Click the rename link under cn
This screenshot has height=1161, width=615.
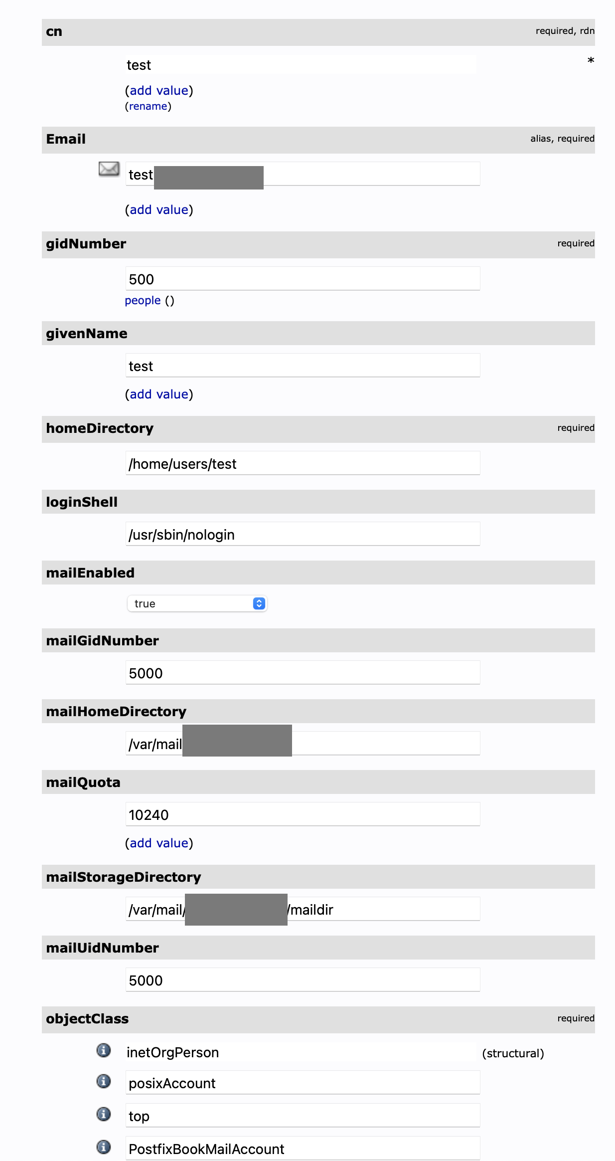148,106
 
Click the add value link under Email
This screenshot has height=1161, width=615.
159,210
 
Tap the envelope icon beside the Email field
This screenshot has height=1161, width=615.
109,169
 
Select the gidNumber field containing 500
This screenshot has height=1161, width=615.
303,279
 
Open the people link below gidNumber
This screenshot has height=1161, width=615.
143,301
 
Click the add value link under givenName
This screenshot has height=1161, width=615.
159,394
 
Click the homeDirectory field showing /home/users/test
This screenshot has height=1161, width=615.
303,463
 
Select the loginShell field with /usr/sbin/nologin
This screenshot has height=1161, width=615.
303,534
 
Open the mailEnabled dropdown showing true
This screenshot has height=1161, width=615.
197,603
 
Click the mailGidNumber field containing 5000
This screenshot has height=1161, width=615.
303,673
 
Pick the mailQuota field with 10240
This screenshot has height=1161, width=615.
303,814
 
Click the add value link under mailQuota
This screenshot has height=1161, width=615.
159,843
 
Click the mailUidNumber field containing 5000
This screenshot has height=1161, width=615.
303,980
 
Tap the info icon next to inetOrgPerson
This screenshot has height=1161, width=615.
104,1050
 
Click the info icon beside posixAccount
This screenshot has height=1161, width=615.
104,1081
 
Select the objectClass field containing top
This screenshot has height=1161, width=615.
303,1116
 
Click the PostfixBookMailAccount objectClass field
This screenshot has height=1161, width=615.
303,1149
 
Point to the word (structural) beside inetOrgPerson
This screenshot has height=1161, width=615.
513,1053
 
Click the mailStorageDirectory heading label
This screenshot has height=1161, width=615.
124,877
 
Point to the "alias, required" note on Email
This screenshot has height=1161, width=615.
562,139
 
